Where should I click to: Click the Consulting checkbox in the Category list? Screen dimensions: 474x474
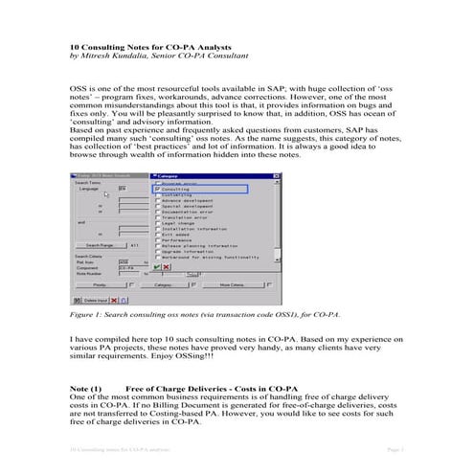click(156, 191)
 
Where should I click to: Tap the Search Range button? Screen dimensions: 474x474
click(100, 246)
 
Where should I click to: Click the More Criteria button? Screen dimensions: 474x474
click(233, 284)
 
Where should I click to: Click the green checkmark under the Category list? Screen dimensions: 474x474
click(156, 266)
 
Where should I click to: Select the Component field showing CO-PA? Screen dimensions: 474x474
click(128, 269)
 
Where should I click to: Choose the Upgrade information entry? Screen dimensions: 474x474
click(186, 253)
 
